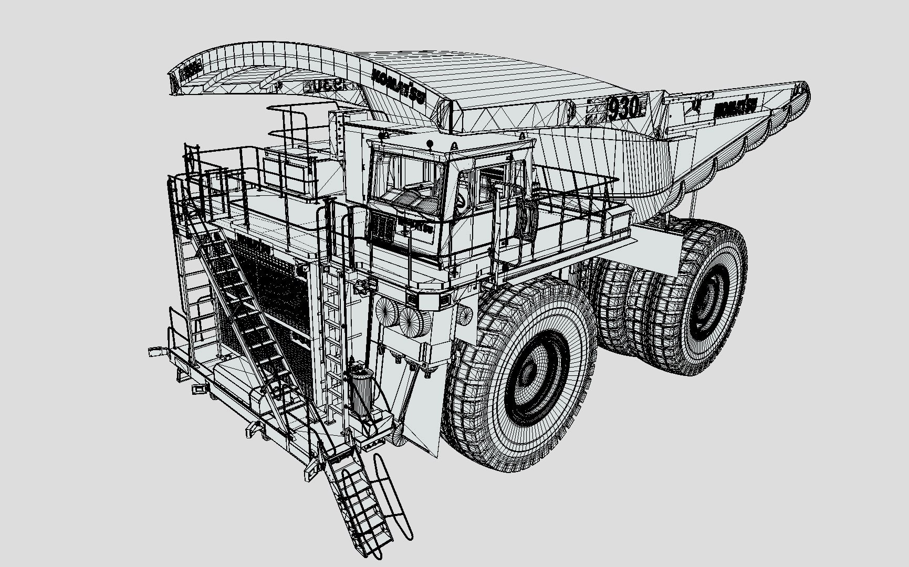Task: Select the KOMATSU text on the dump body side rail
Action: (x=734, y=109)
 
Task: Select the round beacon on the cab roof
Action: (x=430, y=143)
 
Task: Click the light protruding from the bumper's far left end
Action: (x=156, y=351)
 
